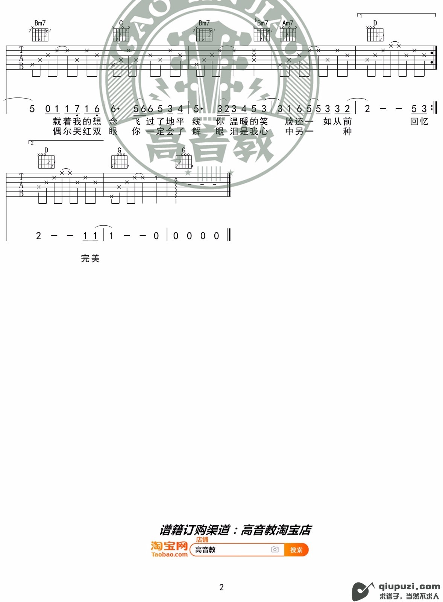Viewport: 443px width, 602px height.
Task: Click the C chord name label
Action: click(x=121, y=23)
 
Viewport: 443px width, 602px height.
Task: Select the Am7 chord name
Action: click(x=288, y=23)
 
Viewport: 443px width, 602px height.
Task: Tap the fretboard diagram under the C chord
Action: click(x=121, y=35)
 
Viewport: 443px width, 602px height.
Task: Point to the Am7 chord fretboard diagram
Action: click(x=288, y=35)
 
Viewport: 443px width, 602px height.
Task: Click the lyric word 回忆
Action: click(x=419, y=122)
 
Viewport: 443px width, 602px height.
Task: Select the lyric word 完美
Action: click(x=90, y=258)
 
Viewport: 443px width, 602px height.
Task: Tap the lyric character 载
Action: click(x=57, y=122)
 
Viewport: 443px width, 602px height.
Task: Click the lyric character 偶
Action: click(x=57, y=131)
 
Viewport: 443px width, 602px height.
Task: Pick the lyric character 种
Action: click(x=347, y=131)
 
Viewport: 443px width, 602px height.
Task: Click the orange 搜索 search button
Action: click(x=296, y=550)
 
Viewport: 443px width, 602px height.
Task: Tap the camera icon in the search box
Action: click(x=275, y=550)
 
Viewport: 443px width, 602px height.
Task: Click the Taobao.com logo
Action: click(x=169, y=549)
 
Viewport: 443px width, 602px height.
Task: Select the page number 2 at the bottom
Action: click(x=221, y=587)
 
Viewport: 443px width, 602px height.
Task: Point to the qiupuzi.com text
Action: click(x=409, y=586)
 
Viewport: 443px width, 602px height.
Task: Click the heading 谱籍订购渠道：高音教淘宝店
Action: click(x=235, y=530)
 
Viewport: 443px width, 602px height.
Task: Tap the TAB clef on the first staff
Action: click(x=21, y=58)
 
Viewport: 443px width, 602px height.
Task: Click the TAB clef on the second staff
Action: click(x=21, y=185)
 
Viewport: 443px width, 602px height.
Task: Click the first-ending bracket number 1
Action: click(x=361, y=16)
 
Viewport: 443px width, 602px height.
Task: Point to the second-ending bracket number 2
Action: click(x=32, y=143)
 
